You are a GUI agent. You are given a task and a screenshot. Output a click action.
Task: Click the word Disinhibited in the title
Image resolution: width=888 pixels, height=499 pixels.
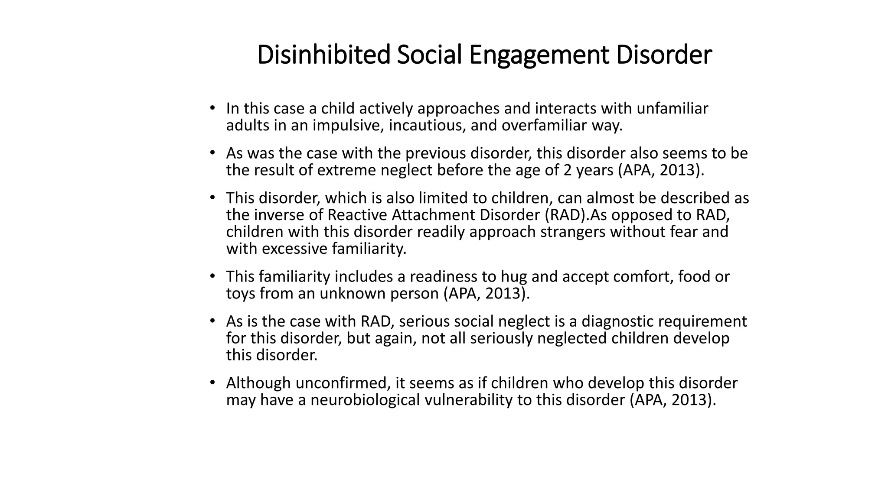pyautogui.click(x=323, y=55)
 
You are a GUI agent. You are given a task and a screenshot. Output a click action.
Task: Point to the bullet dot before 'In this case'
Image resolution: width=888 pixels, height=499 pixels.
pyautogui.click(x=212, y=108)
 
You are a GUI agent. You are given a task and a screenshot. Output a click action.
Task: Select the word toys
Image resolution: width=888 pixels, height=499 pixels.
pyautogui.click(x=241, y=294)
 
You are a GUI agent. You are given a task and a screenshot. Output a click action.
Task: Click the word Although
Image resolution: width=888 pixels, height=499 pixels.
pyautogui.click(x=258, y=383)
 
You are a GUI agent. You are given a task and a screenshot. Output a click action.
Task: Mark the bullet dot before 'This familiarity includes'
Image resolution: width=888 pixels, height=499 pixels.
pyautogui.click(x=212, y=276)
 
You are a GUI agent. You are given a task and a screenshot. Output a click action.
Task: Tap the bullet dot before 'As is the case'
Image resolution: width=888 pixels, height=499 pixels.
pyautogui.click(x=212, y=321)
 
